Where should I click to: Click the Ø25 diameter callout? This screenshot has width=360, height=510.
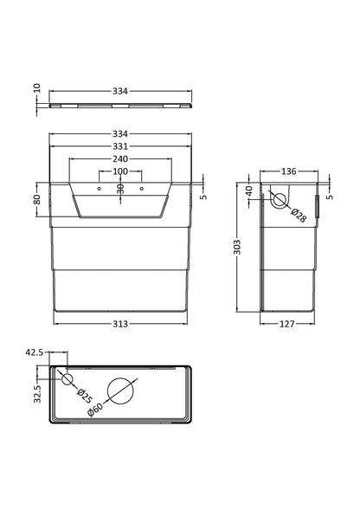point(84,395)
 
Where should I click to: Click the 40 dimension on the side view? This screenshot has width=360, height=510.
point(248,190)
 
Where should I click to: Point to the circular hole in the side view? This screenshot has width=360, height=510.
point(279,202)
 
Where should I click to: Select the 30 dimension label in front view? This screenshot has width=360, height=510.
point(120,190)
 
